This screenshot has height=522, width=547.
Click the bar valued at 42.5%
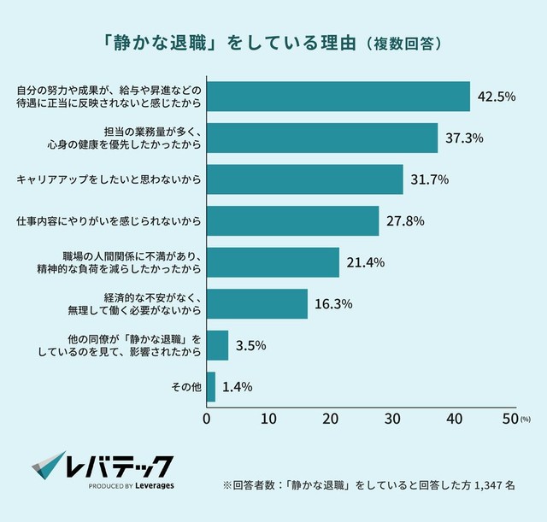click(338, 97)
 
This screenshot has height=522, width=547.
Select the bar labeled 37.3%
click(322, 138)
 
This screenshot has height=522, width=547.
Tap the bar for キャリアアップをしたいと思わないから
click(305, 179)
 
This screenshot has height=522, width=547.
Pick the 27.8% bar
click(293, 221)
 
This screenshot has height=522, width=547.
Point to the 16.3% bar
click(257, 304)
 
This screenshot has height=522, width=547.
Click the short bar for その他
click(211, 387)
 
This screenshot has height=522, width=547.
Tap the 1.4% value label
click(237, 387)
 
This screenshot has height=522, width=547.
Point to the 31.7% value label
click(429, 180)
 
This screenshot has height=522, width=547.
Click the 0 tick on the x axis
click(207, 419)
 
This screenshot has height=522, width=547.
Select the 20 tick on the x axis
click(330, 419)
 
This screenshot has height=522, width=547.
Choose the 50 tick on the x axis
click(511, 419)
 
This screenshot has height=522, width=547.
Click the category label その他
click(187, 387)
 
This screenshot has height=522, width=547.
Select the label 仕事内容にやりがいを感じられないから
click(109, 221)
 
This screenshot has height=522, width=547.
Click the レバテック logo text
click(120, 466)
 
